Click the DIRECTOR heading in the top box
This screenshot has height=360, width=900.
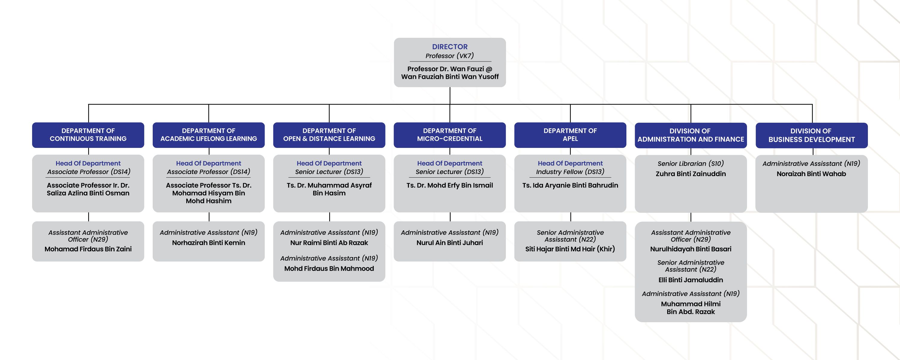450,47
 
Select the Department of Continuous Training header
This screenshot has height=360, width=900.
88,135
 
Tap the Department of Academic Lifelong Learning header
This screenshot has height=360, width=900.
208,135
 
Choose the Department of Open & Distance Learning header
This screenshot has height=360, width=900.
329,135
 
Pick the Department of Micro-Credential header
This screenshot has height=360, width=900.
450,135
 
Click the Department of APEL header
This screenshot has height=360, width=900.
570,135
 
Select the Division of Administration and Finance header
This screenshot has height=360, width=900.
691,135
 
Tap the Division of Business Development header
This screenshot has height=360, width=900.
811,135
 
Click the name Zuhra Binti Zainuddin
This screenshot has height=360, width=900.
691,174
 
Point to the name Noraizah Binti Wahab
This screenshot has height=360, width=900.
811,174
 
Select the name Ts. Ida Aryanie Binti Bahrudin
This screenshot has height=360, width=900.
570,185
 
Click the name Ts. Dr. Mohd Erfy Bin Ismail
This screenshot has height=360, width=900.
450,185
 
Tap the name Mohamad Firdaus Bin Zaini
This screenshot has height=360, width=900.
88,249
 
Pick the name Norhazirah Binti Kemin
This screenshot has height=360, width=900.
208,243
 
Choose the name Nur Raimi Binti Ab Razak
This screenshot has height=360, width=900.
329,243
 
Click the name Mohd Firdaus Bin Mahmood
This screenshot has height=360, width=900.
329,268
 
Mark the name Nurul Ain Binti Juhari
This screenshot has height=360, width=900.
450,243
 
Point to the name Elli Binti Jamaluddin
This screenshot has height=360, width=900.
691,280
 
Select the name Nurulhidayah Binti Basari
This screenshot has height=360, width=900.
691,249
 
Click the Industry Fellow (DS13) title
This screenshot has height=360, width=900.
570,172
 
